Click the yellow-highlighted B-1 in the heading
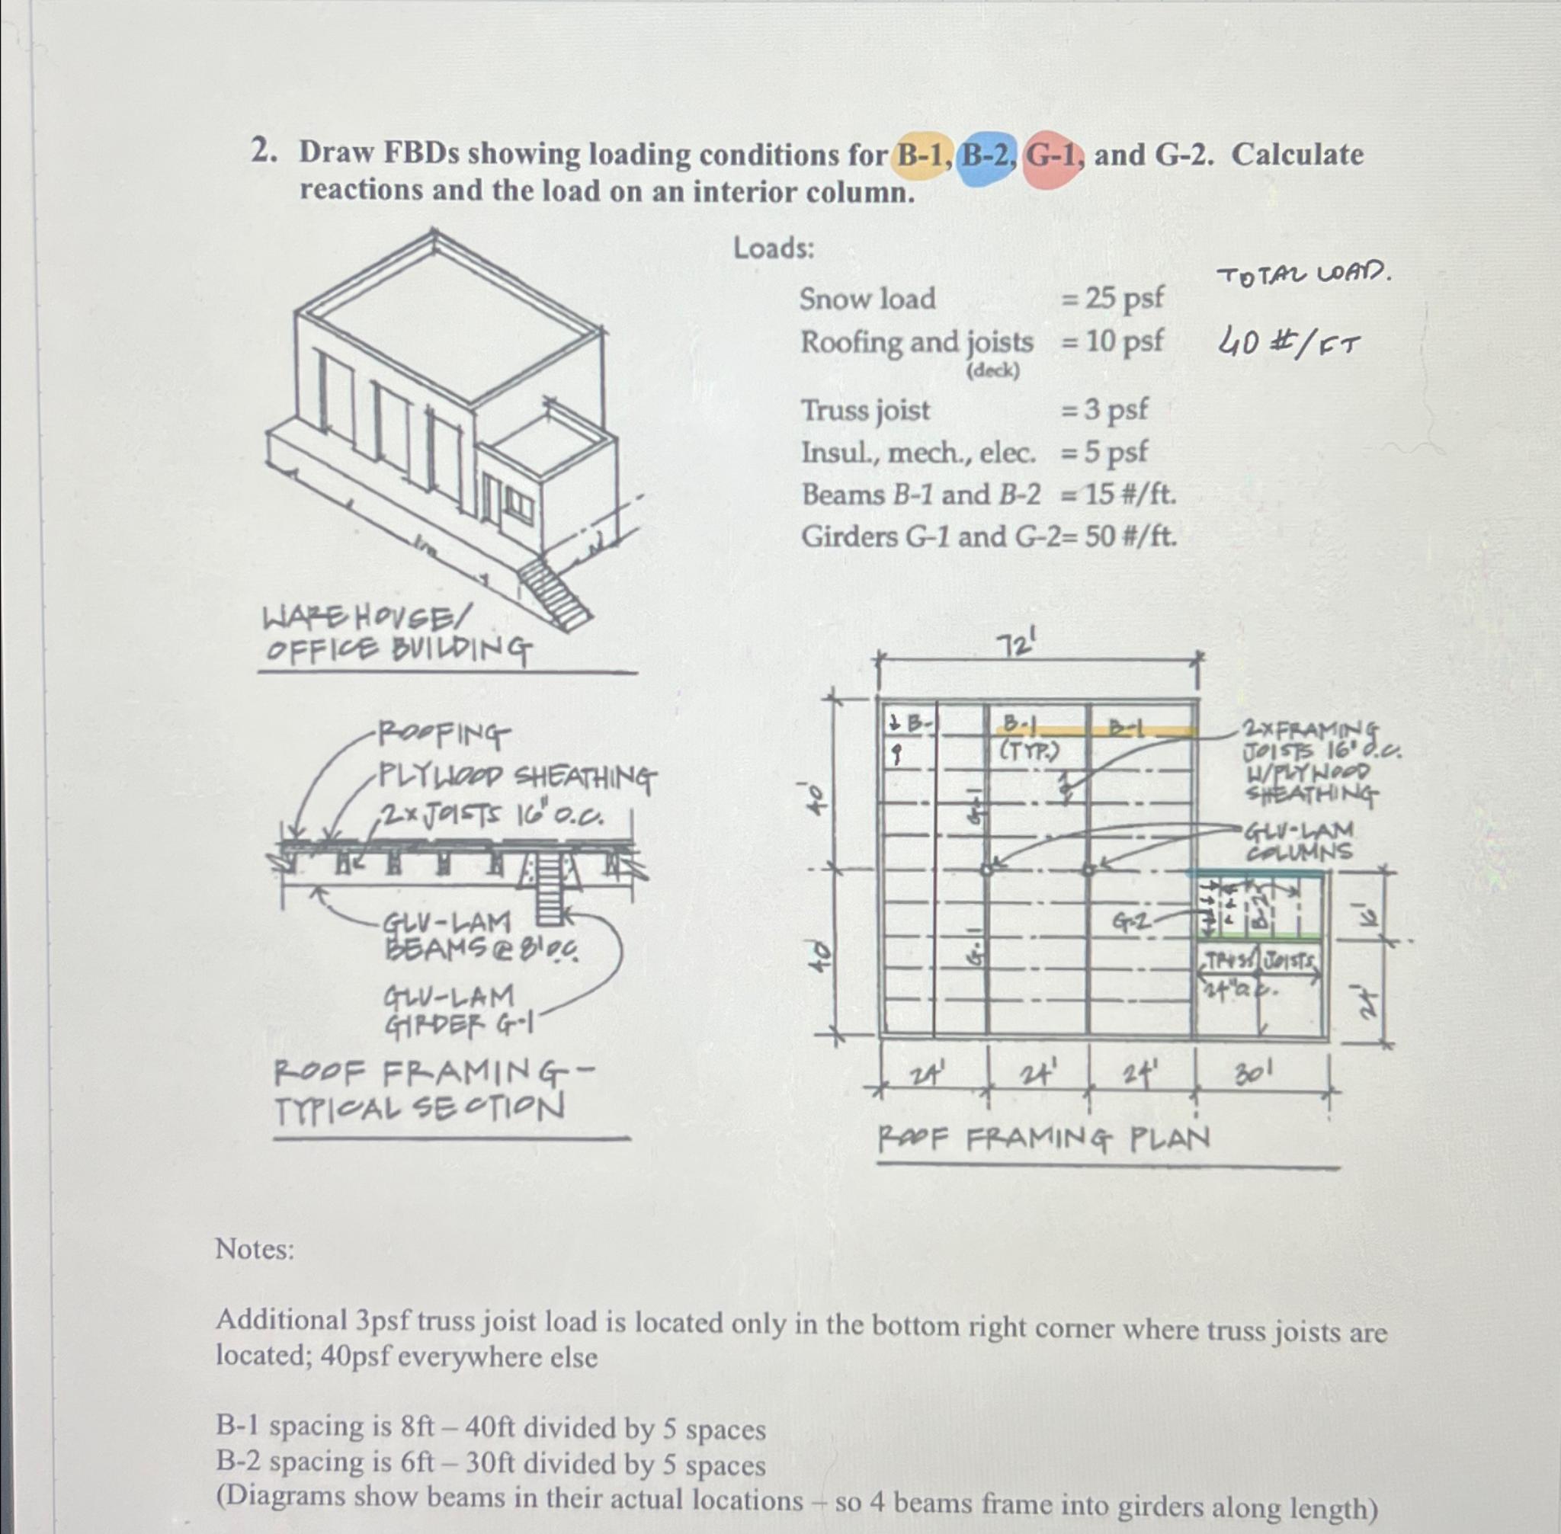(x=920, y=155)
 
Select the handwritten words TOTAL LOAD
(x=1305, y=277)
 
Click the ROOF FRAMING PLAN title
(x=1043, y=1139)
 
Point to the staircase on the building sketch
(x=553, y=594)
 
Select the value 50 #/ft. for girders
(x=1130, y=536)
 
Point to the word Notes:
(x=255, y=1250)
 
